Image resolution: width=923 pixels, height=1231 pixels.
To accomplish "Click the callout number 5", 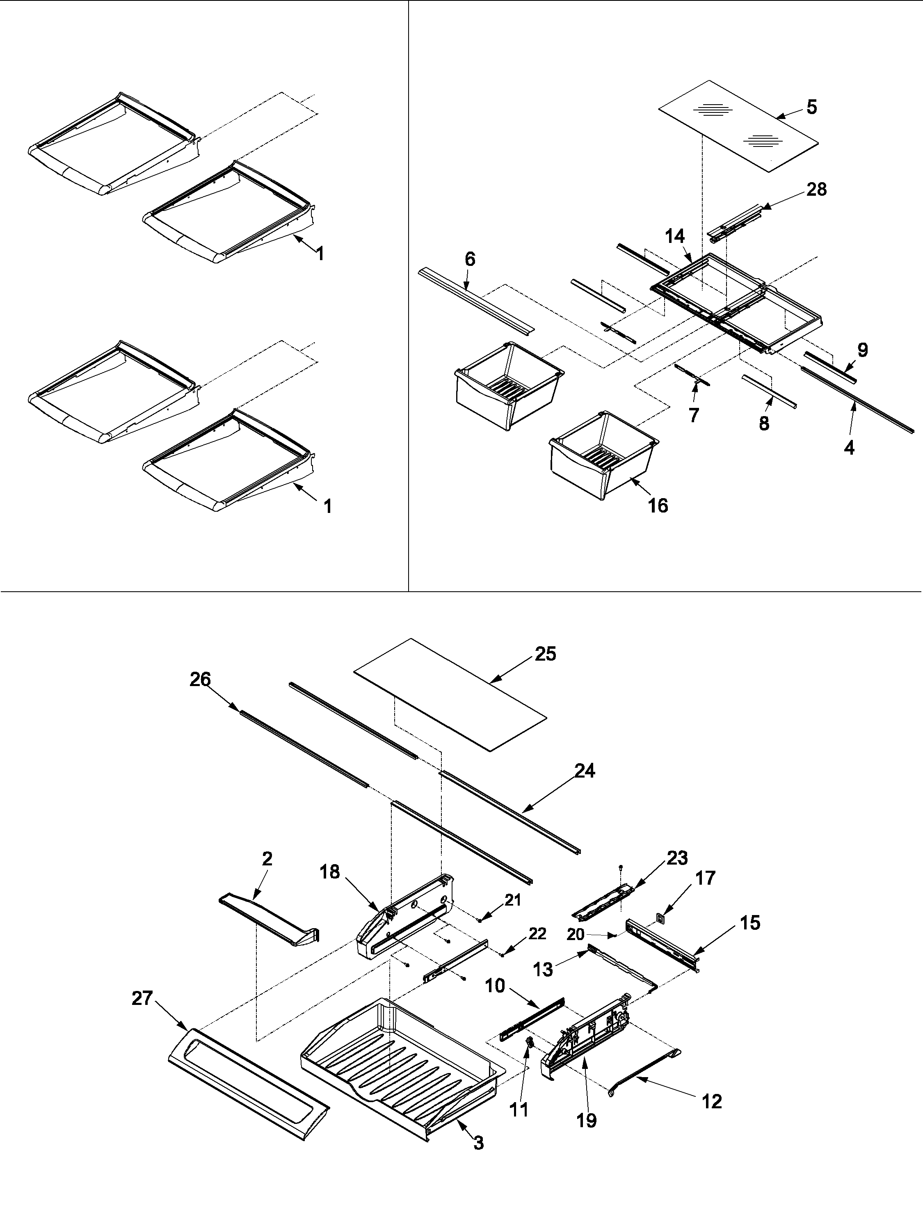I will pos(812,107).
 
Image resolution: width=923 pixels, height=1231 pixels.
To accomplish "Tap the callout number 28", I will pos(816,190).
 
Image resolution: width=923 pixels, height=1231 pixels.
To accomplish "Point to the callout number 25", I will pos(545,654).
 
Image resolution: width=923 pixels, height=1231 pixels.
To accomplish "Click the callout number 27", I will pos(142,998).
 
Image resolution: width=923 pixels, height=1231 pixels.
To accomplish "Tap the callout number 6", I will pos(470,259).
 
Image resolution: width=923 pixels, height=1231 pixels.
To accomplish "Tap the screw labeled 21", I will pos(480,921).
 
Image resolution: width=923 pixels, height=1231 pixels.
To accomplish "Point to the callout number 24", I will pos(585,771).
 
